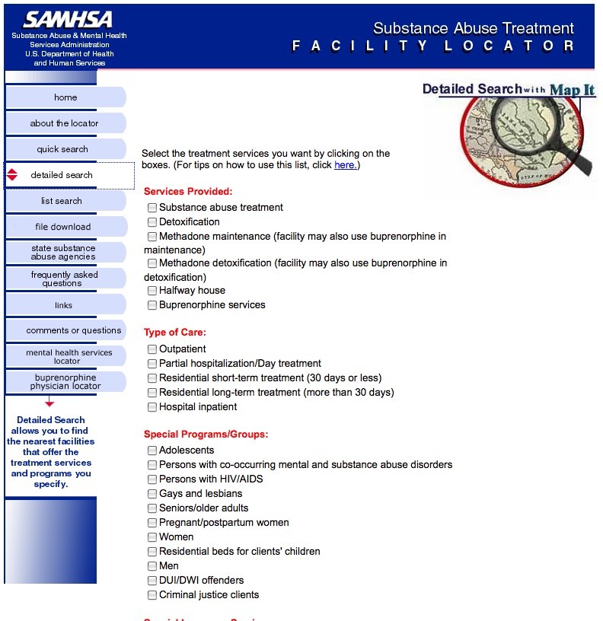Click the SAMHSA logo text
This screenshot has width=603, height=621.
click(68, 20)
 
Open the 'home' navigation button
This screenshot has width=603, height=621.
click(65, 97)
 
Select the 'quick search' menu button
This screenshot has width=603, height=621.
click(62, 149)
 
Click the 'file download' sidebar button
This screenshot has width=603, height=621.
click(62, 227)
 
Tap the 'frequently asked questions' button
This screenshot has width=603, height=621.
click(64, 279)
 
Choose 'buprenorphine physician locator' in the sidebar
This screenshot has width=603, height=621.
click(65, 382)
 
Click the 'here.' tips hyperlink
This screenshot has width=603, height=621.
click(346, 165)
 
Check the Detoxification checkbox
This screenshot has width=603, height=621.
click(152, 222)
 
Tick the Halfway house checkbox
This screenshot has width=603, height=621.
click(152, 291)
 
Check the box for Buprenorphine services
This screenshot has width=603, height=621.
click(152, 305)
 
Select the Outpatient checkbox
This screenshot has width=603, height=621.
click(152, 349)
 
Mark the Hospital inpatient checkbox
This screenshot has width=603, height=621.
click(152, 407)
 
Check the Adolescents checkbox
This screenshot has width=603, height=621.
click(152, 451)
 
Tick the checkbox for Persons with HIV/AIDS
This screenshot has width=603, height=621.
click(152, 479)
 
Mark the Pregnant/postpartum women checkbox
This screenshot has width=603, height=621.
click(152, 523)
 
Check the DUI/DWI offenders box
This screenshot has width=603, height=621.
click(152, 581)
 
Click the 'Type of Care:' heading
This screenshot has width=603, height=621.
click(174, 333)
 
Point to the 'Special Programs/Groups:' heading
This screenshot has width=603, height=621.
click(206, 435)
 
